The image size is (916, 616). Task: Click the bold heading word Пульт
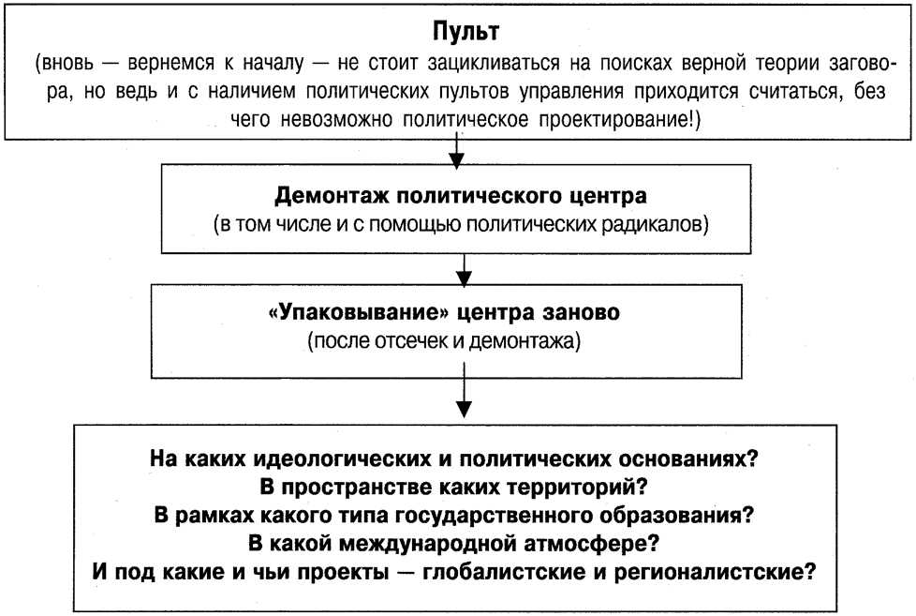[465, 31]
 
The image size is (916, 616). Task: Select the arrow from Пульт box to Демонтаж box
[456, 152]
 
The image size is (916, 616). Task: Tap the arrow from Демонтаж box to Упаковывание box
[464, 270]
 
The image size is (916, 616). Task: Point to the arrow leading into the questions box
[464, 390]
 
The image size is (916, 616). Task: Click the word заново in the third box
[582, 312]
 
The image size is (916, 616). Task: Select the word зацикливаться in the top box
[493, 63]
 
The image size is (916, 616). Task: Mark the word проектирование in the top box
[619, 119]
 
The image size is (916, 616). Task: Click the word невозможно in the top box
[336, 119]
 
